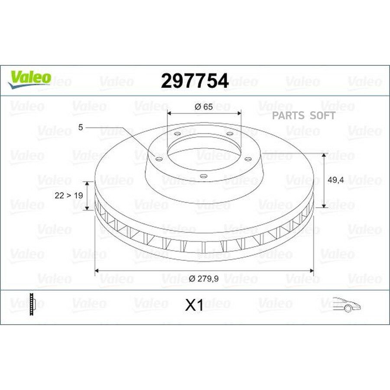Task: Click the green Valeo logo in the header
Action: click(29, 79)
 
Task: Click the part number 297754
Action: click(195, 81)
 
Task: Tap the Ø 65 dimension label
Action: click(204, 107)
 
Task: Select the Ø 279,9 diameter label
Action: click(204, 279)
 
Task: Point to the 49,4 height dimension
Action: click(335, 180)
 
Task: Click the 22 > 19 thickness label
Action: click(68, 195)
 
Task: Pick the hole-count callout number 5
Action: click(80, 127)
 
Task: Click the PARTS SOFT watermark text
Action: click(304, 115)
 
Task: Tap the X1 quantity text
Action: click(194, 305)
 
